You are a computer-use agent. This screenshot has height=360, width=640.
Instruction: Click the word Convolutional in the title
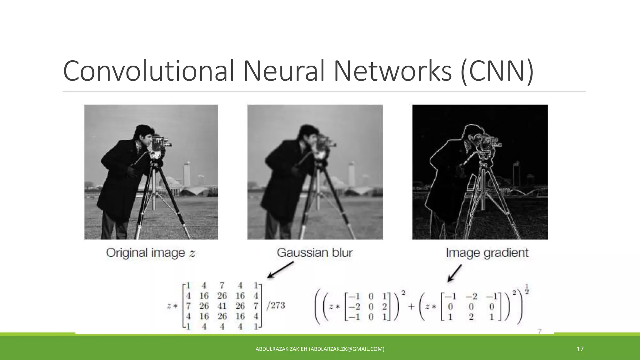[x=148, y=71]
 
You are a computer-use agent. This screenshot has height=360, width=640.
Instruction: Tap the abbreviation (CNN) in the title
[x=497, y=71]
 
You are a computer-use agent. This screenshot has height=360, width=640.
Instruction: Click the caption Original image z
[x=151, y=253]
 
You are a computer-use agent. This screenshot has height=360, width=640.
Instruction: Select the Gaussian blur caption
[x=315, y=253]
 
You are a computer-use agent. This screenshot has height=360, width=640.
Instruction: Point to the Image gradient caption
[x=487, y=253]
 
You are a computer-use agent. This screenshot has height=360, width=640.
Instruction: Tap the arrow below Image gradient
[x=455, y=273]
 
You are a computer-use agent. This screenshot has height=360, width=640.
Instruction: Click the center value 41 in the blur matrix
[x=222, y=306]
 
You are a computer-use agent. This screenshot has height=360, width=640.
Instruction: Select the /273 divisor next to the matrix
[x=276, y=305]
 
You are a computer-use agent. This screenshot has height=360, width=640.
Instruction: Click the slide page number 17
[x=580, y=349]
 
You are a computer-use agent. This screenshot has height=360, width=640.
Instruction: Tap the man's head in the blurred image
[x=308, y=133]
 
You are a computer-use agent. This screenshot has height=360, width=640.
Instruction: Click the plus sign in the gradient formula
[x=411, y=307]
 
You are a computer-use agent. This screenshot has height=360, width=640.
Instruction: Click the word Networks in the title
[x=392, y=71]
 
